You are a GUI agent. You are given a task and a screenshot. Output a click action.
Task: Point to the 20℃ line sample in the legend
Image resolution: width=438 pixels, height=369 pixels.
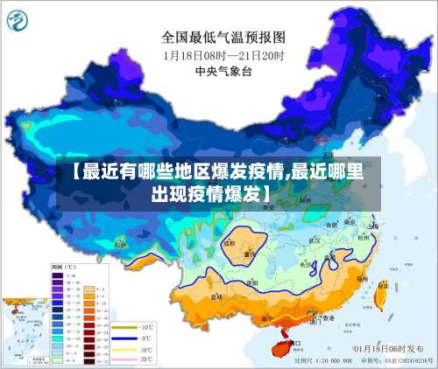[125, 359]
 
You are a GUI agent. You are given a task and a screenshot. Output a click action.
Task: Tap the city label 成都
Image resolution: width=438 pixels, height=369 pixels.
[230, 244]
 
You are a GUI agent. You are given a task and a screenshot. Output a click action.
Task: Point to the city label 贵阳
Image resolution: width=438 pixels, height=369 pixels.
[253, 282]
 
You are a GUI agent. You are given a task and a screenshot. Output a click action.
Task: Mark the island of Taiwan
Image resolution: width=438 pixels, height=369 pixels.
[379, 295]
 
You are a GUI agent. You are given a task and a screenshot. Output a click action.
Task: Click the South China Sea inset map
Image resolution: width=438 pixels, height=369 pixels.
[25, 329]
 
